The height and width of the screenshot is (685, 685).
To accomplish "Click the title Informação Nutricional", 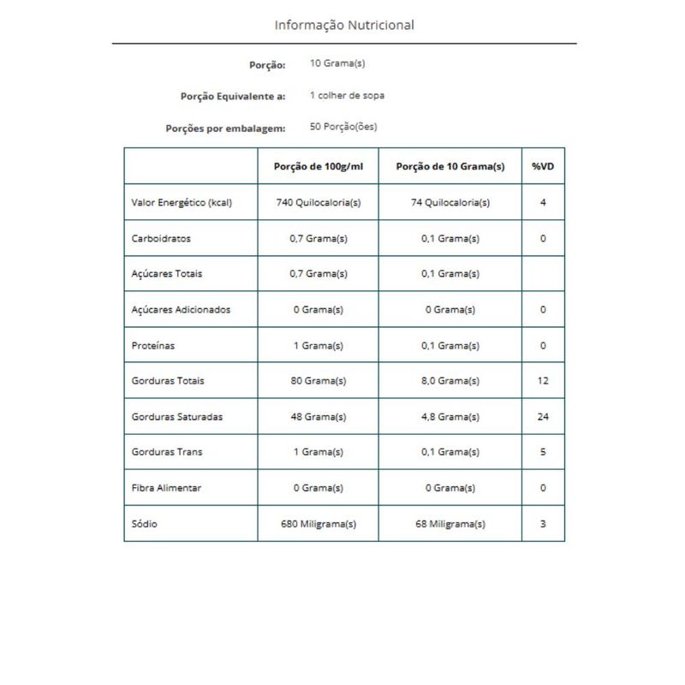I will click(x=344, y=25).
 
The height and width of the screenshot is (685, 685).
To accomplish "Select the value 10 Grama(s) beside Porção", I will click(x=338, y=64).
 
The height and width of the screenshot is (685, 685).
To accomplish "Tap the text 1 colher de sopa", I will click(x=347, y=95).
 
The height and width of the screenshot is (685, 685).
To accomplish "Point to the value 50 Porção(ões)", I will click(x=343, y=127).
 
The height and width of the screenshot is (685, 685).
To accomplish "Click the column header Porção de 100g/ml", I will click(x=319, y=166).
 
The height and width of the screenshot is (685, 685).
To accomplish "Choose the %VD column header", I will click(x=543, y=166).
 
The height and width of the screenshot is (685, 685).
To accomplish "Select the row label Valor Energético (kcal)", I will click(x=182, y=203).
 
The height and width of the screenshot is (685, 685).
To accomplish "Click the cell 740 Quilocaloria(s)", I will click(x=319, y=203).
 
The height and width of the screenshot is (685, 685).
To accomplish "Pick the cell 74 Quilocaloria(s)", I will click(x=450, y=203).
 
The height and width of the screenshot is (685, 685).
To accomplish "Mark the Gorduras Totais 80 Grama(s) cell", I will click(x=319, y=380).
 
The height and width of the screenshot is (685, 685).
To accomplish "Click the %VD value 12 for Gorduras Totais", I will click(x=543, y=380).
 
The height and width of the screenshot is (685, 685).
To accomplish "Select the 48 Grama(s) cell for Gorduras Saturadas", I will click(x=319, y=416).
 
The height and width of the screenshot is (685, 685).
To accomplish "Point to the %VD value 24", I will click(x=543, y=416).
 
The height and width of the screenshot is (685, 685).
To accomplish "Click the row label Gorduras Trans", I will click(x=167, y=451).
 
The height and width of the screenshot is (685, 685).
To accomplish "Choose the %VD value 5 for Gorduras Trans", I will click(x=543, y=451).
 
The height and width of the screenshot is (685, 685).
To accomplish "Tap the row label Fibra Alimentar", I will click(x=167, y=487).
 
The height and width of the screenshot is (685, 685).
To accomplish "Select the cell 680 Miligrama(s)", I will click(x=319, y=523).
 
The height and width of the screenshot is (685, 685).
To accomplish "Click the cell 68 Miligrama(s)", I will click(x=450, y=523).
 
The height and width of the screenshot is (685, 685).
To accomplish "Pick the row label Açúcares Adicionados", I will click(x=182, y=309).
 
